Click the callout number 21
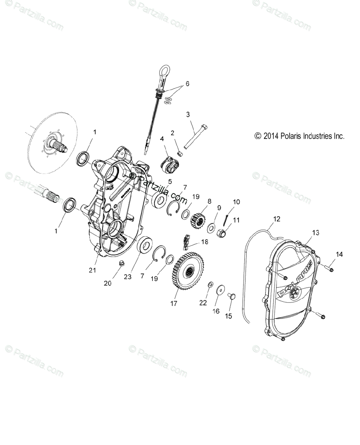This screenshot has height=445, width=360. pyautogui.click(x=92, y=270)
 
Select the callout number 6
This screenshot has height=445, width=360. pyautogui.click(x=187, y=84)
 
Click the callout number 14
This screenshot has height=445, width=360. pyautogui.click(x=340, y=254)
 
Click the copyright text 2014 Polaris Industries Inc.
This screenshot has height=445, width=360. pyautogui.click(x=299, y=136)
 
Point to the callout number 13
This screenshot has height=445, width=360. pyautogui.click(x=315, y=233)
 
